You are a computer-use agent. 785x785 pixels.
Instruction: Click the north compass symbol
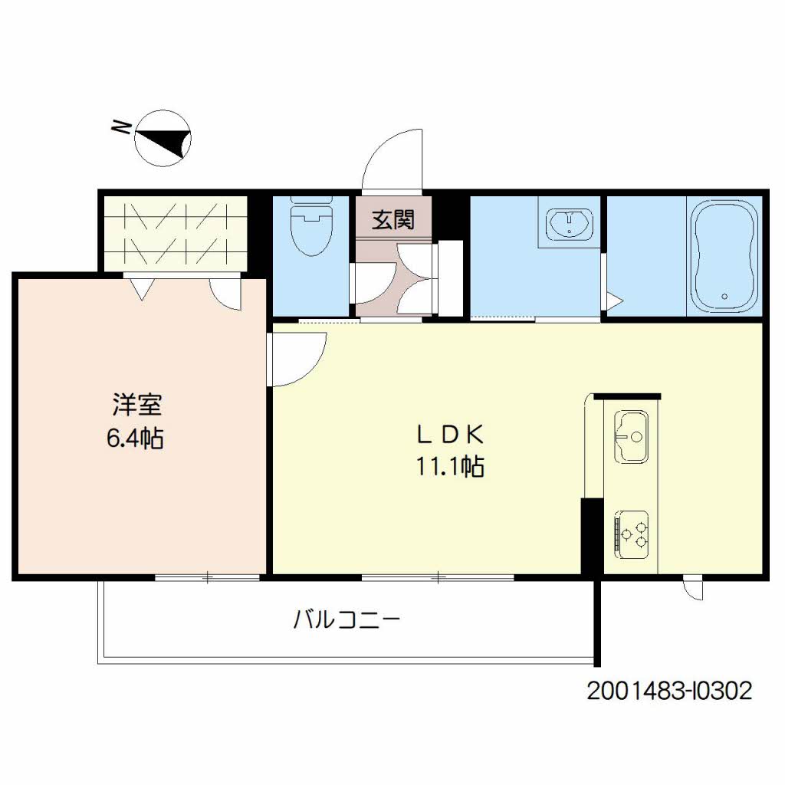[x=163, y=138]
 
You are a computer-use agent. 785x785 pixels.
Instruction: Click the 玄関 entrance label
[x=393, y=220]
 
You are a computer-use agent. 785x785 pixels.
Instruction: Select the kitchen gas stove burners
[x=633, y=531]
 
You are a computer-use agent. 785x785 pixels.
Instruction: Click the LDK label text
[x=450, y=435]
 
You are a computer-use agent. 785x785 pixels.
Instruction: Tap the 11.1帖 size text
[x=450, y=467]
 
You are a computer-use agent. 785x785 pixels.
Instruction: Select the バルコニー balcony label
[x=347, y=619]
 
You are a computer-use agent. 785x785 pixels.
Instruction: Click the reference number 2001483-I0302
[x=669, y=691]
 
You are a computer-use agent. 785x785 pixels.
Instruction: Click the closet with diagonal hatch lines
[x=176, y=232]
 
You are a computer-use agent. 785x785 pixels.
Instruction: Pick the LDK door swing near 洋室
[x=297, y=359]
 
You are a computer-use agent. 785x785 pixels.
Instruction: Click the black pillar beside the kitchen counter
[x=591, y=536]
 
